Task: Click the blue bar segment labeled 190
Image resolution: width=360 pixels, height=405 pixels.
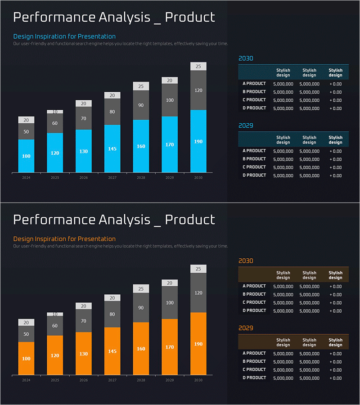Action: tap(198, 141)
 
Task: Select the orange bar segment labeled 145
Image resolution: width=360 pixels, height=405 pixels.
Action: tap(112, 351)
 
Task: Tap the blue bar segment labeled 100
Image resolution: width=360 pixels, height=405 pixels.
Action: tap(26, 156)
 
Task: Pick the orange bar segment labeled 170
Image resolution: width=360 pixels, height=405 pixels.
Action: tap(170, 347)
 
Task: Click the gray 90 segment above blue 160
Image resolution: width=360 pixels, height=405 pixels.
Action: tap(141, 105)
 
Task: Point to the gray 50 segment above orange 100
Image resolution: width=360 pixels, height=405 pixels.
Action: tap(26, 334)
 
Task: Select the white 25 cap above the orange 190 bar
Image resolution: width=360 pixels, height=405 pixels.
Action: tap(198, 269)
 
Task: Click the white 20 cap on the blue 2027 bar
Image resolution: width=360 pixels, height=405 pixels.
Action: tap(112, 95)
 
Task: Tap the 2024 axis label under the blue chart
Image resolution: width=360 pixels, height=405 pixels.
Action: tap(26, 178)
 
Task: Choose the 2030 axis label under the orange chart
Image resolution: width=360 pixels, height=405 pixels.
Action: tap(198, 380)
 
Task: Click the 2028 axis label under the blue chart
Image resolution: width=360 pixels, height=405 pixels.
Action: tap(141, 178)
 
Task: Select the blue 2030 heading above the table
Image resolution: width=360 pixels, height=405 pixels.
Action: tap(246, 58)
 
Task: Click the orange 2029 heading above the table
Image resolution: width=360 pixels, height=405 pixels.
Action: tap(246, 328)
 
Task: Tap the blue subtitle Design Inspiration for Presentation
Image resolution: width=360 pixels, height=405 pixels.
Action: tap(64, 36)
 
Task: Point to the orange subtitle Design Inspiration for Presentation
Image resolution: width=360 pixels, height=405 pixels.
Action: tap(64, 239)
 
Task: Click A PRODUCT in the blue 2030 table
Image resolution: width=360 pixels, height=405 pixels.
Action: tap(254, 84)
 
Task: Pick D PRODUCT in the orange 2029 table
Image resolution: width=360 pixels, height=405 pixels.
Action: tap(254, 378)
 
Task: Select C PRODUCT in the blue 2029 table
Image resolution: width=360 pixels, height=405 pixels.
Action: tap(254, 167)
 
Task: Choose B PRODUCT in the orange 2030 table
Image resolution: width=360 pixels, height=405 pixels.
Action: tap(254, 294)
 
